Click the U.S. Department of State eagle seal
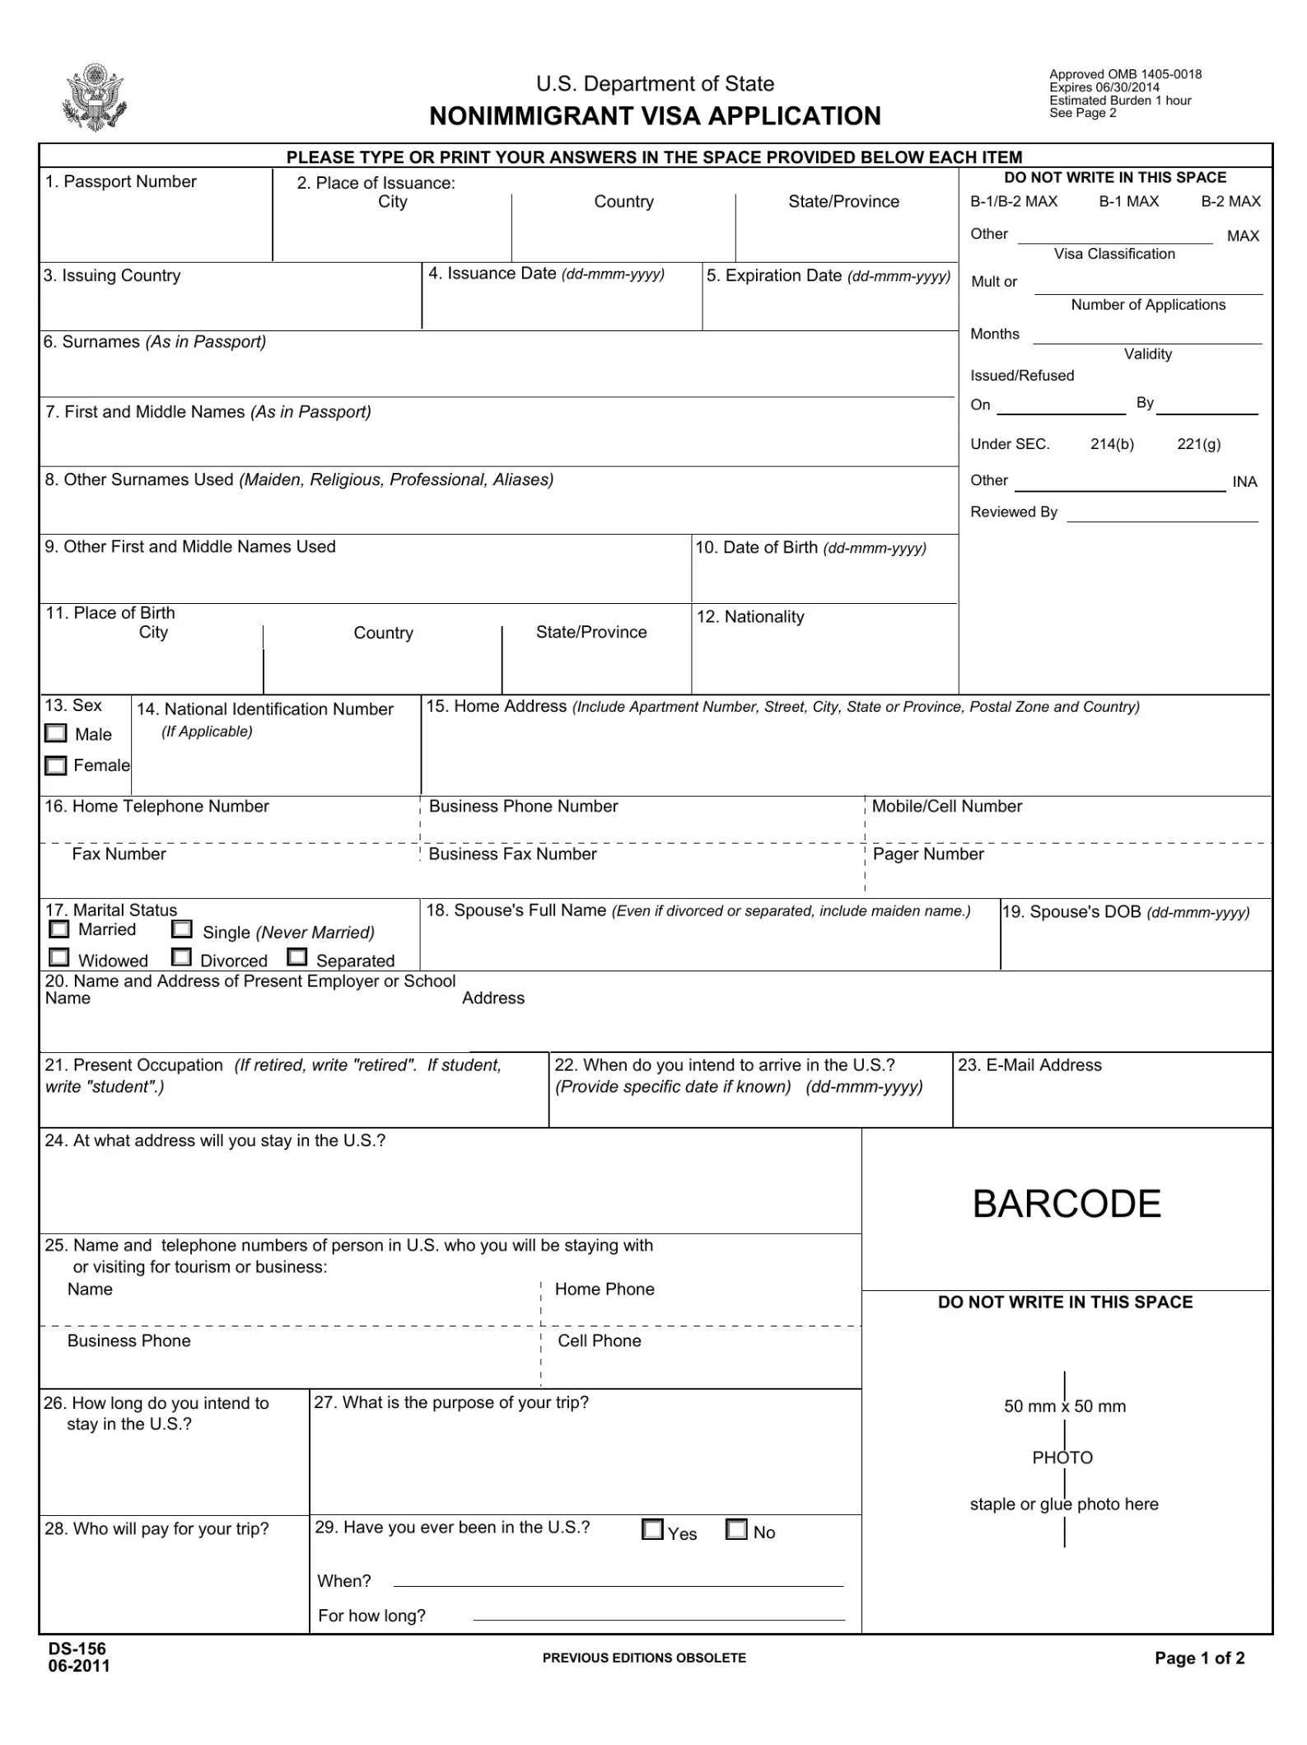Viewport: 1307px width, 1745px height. coord(94,97)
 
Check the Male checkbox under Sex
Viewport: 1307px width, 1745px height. coord(56,733)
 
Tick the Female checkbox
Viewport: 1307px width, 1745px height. coord(55,765)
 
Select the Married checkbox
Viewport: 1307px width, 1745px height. coord(58,929)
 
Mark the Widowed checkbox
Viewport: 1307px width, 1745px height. coord(58,957)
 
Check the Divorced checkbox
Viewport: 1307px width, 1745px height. coord(182,957)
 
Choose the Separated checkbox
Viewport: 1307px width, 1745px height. coord(297,957)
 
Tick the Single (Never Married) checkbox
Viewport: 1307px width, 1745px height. coord(182,929)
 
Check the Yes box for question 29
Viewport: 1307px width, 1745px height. coord(652,1529)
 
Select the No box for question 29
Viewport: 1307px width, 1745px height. coord(737,1529)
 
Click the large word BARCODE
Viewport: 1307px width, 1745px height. coord(1067,1204)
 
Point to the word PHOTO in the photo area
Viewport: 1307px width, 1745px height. coord(1062,1457)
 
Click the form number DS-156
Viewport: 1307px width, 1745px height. coord(77,1648)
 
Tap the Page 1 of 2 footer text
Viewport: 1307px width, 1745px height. coord(1199,1658)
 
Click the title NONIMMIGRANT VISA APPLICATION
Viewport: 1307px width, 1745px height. coord(655,116)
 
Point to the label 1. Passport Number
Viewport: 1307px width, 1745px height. coord(121,182)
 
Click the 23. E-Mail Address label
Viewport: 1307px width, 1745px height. coord(1029,1065)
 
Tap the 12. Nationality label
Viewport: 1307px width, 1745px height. coord(750,617)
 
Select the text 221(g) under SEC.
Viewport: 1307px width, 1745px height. coord(1198,444)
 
